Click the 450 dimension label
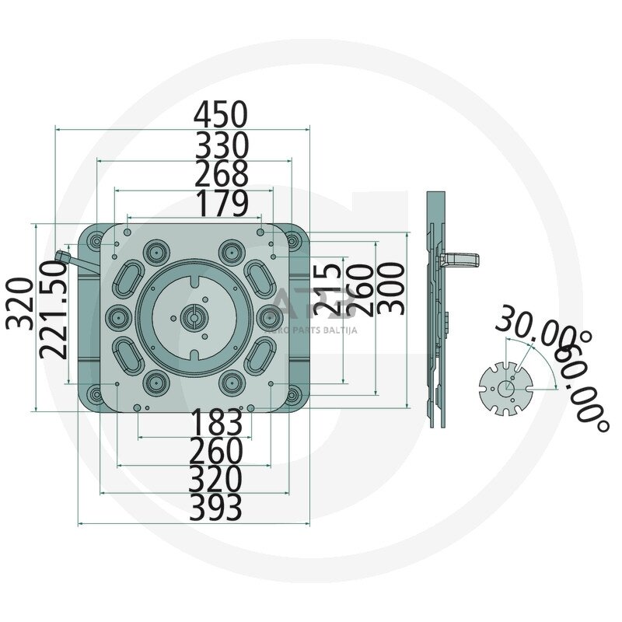coord(221,115)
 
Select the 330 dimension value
coord(221,145)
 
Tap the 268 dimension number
coord(221,174)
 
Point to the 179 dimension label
coord(221,204)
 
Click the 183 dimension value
coord(217,424)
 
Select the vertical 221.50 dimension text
coord(54,309)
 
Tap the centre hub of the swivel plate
coord(192,316)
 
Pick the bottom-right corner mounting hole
coord(292,395)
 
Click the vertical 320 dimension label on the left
coord(20,302)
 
